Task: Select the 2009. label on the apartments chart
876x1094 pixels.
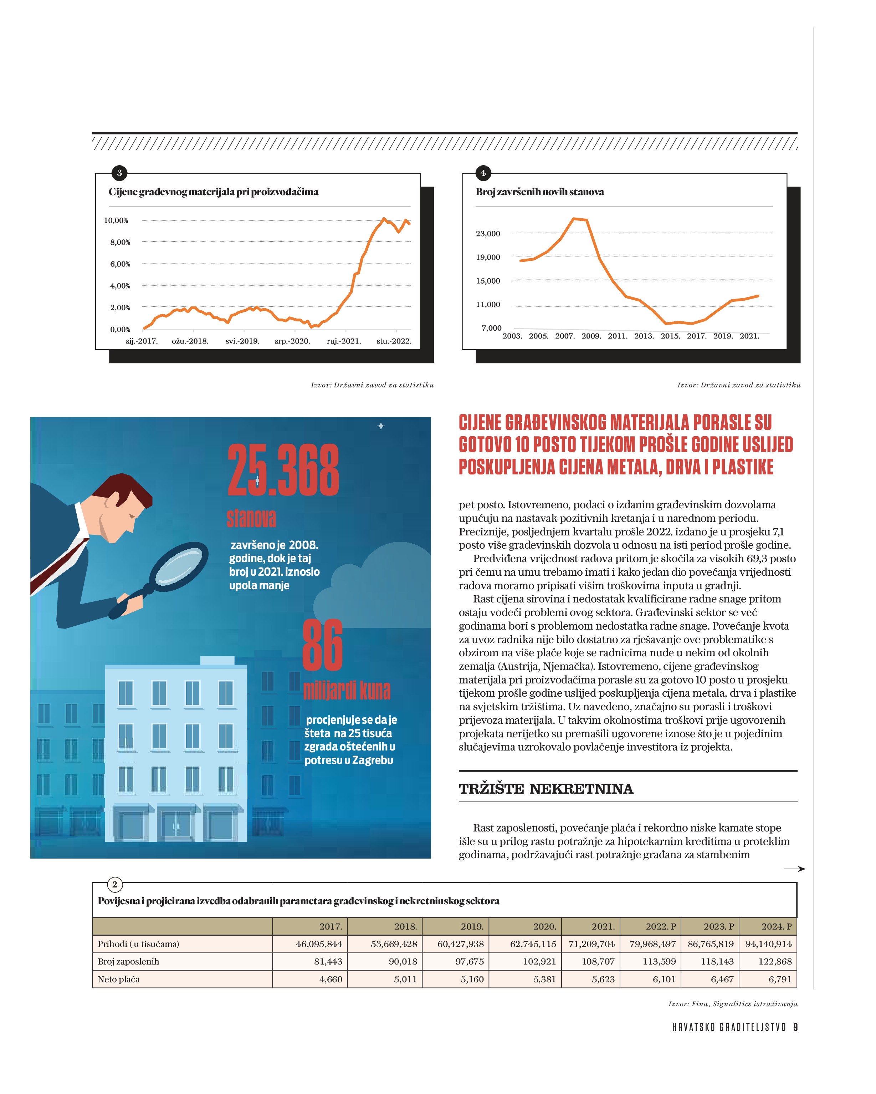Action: [x=591, y=336]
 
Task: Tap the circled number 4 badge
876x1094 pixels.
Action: [x=483, y=173]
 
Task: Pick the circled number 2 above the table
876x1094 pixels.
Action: [x=115, y=884]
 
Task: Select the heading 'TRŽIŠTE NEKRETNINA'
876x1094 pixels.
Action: [x=546, y=789]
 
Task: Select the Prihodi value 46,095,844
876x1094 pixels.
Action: [x=319, y=944]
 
